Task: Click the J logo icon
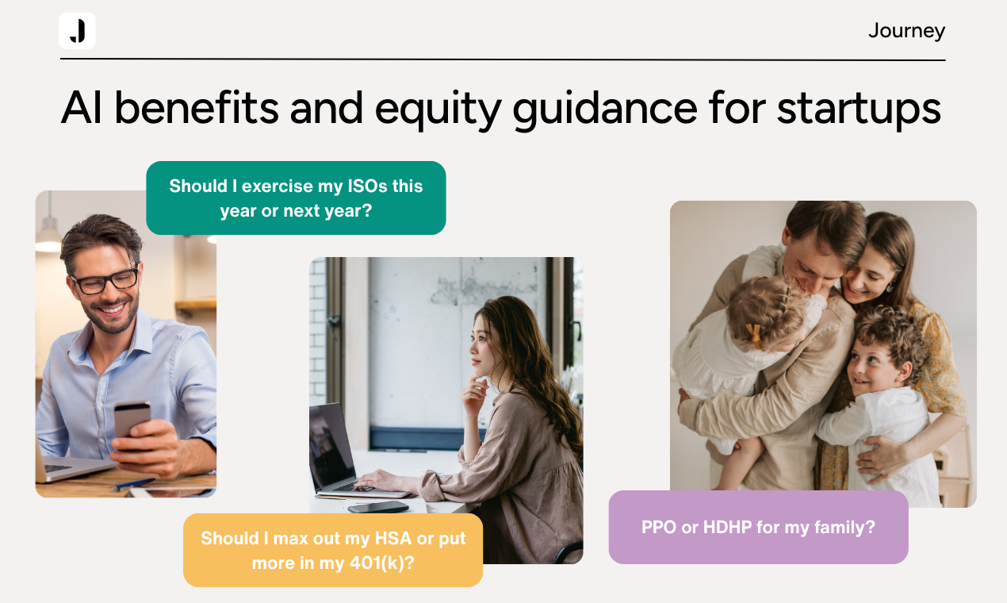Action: click(77, 31)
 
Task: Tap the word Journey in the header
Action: click(906, 31)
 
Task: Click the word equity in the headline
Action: click(438, 109)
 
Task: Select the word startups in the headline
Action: click(859, 109)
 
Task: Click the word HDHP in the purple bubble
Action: click(727, 527)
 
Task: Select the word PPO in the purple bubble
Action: click(659, 527)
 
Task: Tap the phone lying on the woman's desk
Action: click(378, 507)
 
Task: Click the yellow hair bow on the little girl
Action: click(754, 336)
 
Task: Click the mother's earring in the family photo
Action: click(889, 287)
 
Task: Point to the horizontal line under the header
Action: click(503, 59)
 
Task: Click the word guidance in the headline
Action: click(605, 109)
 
